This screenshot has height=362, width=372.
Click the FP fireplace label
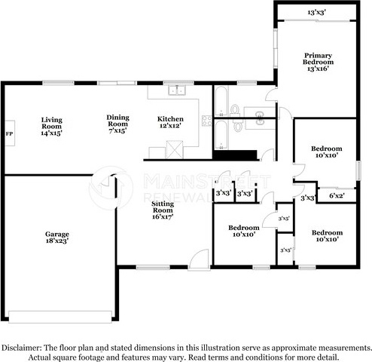(9, 133)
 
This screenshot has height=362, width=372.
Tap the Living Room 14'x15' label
(51, 127)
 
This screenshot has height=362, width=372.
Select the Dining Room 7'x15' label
(117, 124)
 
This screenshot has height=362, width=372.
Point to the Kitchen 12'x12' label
(170, 122)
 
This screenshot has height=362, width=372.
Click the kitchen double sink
(177, 90)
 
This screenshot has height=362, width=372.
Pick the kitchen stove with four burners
(207, 121)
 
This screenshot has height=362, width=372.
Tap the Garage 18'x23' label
(57, 238)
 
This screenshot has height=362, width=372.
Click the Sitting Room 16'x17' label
(163, 210)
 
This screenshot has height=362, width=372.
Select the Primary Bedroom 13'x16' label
(318, 62)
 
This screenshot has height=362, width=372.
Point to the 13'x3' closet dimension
(316, 12)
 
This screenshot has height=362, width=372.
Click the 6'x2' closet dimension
(337, 195)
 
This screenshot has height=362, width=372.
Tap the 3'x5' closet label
(284, 219)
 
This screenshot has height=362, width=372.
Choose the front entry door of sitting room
(200, 259)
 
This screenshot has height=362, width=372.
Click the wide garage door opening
(60, 317)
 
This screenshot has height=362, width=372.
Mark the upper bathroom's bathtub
(221, 101)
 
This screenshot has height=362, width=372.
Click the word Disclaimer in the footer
(21, 348)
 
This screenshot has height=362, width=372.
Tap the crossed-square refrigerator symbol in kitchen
(175, 149)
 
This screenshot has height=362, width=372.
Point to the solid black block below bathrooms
(235, 155)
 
